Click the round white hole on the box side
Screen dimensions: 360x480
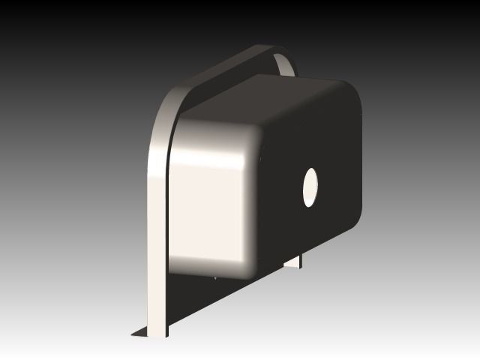click(310, 187)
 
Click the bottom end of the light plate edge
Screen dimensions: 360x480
click(157, 330)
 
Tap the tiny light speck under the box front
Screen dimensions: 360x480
click(215, 277)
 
